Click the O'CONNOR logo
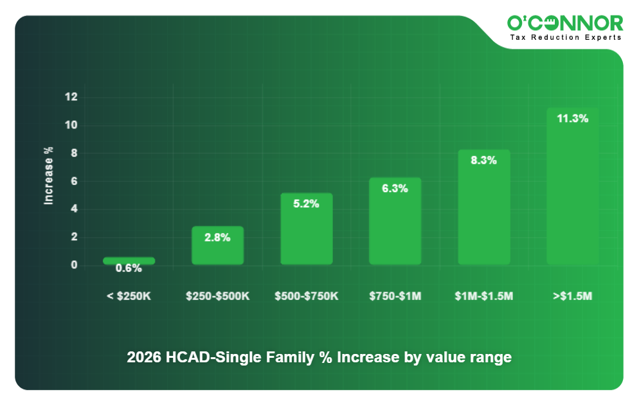click(564, 23)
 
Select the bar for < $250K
click(129, 260)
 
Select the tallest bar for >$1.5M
click(572, 193)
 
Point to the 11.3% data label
click(572, 118)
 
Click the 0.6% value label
click(129, 269)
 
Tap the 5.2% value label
click(306, 203)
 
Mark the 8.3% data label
click(483, 161)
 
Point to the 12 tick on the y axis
click(71, 97)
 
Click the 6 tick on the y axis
click(74, 181)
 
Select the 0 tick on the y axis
click(74, 265)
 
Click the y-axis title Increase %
click(48, 176)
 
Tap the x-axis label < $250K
click(129, 296)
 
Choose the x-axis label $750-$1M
click(395, 296)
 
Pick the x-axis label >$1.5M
click(572, 296)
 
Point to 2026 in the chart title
click(142, 358)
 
